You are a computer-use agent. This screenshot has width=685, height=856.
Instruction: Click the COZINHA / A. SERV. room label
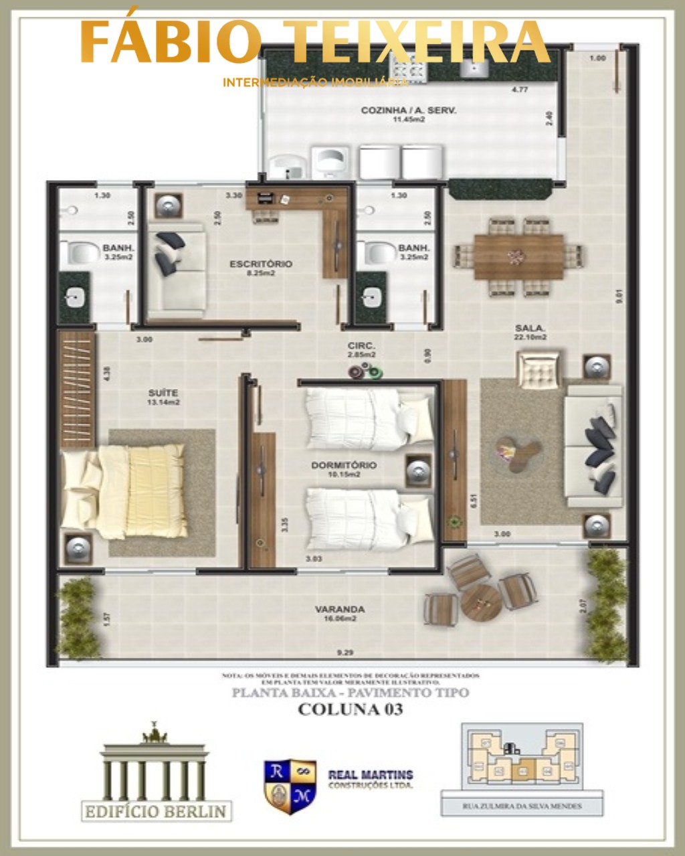tap(408, 110)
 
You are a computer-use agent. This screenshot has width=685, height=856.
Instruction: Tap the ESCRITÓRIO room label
tap(261, 264)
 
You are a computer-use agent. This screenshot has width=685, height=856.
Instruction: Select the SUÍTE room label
tap(163, 393)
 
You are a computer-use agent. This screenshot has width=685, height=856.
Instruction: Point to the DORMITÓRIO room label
tap(343, 465)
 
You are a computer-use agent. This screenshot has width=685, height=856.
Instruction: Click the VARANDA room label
tap(340, 610)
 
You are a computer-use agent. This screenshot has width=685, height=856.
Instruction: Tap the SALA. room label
tap(530, 328)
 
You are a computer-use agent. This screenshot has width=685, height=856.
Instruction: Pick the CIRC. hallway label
tap(361, 346)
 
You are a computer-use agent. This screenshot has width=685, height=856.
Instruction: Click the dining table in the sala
tap(518, 256)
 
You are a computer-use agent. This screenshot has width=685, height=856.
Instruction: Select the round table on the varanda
tap(481, 602)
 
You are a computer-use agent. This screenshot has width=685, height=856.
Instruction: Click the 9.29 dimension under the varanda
tap(345, 652)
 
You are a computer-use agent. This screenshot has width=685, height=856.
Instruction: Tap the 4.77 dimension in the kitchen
tap(519, 89)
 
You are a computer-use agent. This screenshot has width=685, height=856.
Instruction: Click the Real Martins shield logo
tap(290, 786)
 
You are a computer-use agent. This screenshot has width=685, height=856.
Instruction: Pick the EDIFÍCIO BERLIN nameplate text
tap(156, 811)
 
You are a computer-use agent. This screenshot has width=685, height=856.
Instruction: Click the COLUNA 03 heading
tap(350, 709)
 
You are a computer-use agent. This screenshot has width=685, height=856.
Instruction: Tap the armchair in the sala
tap(539, 370)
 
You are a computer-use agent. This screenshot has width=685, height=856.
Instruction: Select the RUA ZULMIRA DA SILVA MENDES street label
tap(522, 806)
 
